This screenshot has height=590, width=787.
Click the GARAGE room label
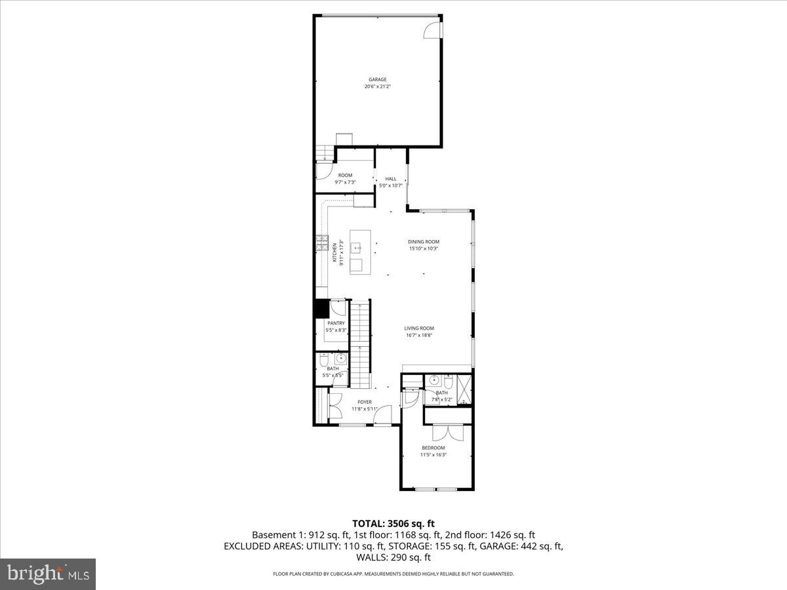click(377, 80)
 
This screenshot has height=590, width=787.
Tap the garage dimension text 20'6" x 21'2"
click(377, 87)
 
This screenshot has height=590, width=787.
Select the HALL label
click(391, 179)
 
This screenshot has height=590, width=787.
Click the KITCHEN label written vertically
click(334, 252)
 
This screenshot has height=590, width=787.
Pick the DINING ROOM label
click(424, 242)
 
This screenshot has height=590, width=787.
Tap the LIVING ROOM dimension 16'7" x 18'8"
click(419, 335)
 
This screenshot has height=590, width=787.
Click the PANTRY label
click(336, 323)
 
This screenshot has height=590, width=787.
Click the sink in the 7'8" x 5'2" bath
click(434, 381)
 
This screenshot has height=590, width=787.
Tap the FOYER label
click(365, 403)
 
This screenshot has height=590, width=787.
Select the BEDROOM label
click(433, 448)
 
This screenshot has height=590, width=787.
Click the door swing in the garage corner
click(434, 29)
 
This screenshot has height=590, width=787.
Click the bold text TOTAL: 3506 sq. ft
click(393, 523)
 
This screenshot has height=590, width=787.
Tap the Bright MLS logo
click(48, 574)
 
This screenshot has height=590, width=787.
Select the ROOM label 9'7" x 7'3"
click(345, 176)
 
